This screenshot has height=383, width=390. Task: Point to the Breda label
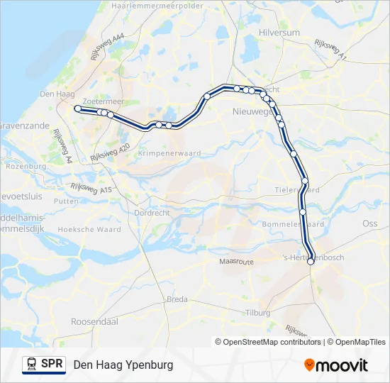[x=177, y=299]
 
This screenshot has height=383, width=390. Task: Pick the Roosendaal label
[x=94, y=321]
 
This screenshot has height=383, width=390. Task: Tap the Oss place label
[x=370, y=223]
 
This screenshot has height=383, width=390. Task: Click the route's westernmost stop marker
[x=77, y=109]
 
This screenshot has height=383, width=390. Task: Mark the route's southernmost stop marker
[x=311, y=262]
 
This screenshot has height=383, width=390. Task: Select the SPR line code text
[x=52, y=365]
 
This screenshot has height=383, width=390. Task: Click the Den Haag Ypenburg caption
[x=123, y=365]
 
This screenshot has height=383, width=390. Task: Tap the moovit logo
[x=336, y=365]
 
